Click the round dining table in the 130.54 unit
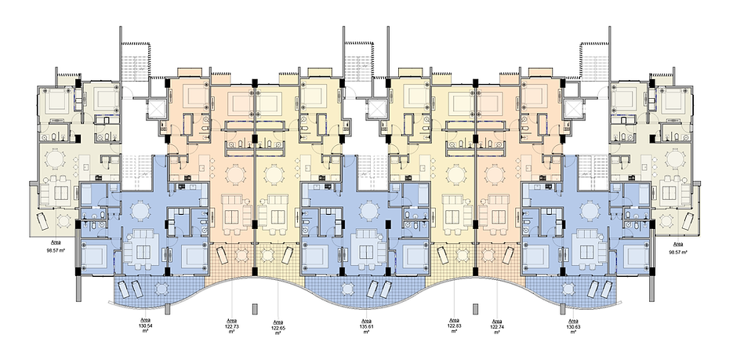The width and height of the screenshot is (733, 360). click(x=139, y=211)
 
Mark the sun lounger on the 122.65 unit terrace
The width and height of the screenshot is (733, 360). click(x=288, y=255)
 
